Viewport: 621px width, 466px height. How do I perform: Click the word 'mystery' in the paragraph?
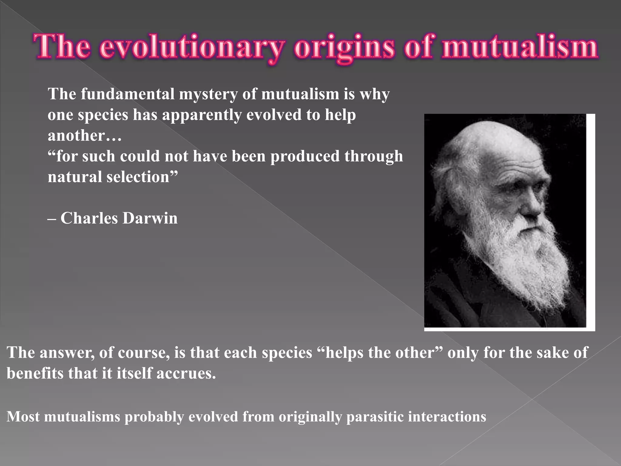208,94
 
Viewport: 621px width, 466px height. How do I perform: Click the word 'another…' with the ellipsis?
85,135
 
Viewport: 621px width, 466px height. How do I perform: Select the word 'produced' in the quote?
305,157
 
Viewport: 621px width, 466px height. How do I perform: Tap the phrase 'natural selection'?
112,177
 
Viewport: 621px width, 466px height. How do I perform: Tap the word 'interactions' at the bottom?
447,417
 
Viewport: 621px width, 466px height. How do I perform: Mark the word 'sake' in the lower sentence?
549,353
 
